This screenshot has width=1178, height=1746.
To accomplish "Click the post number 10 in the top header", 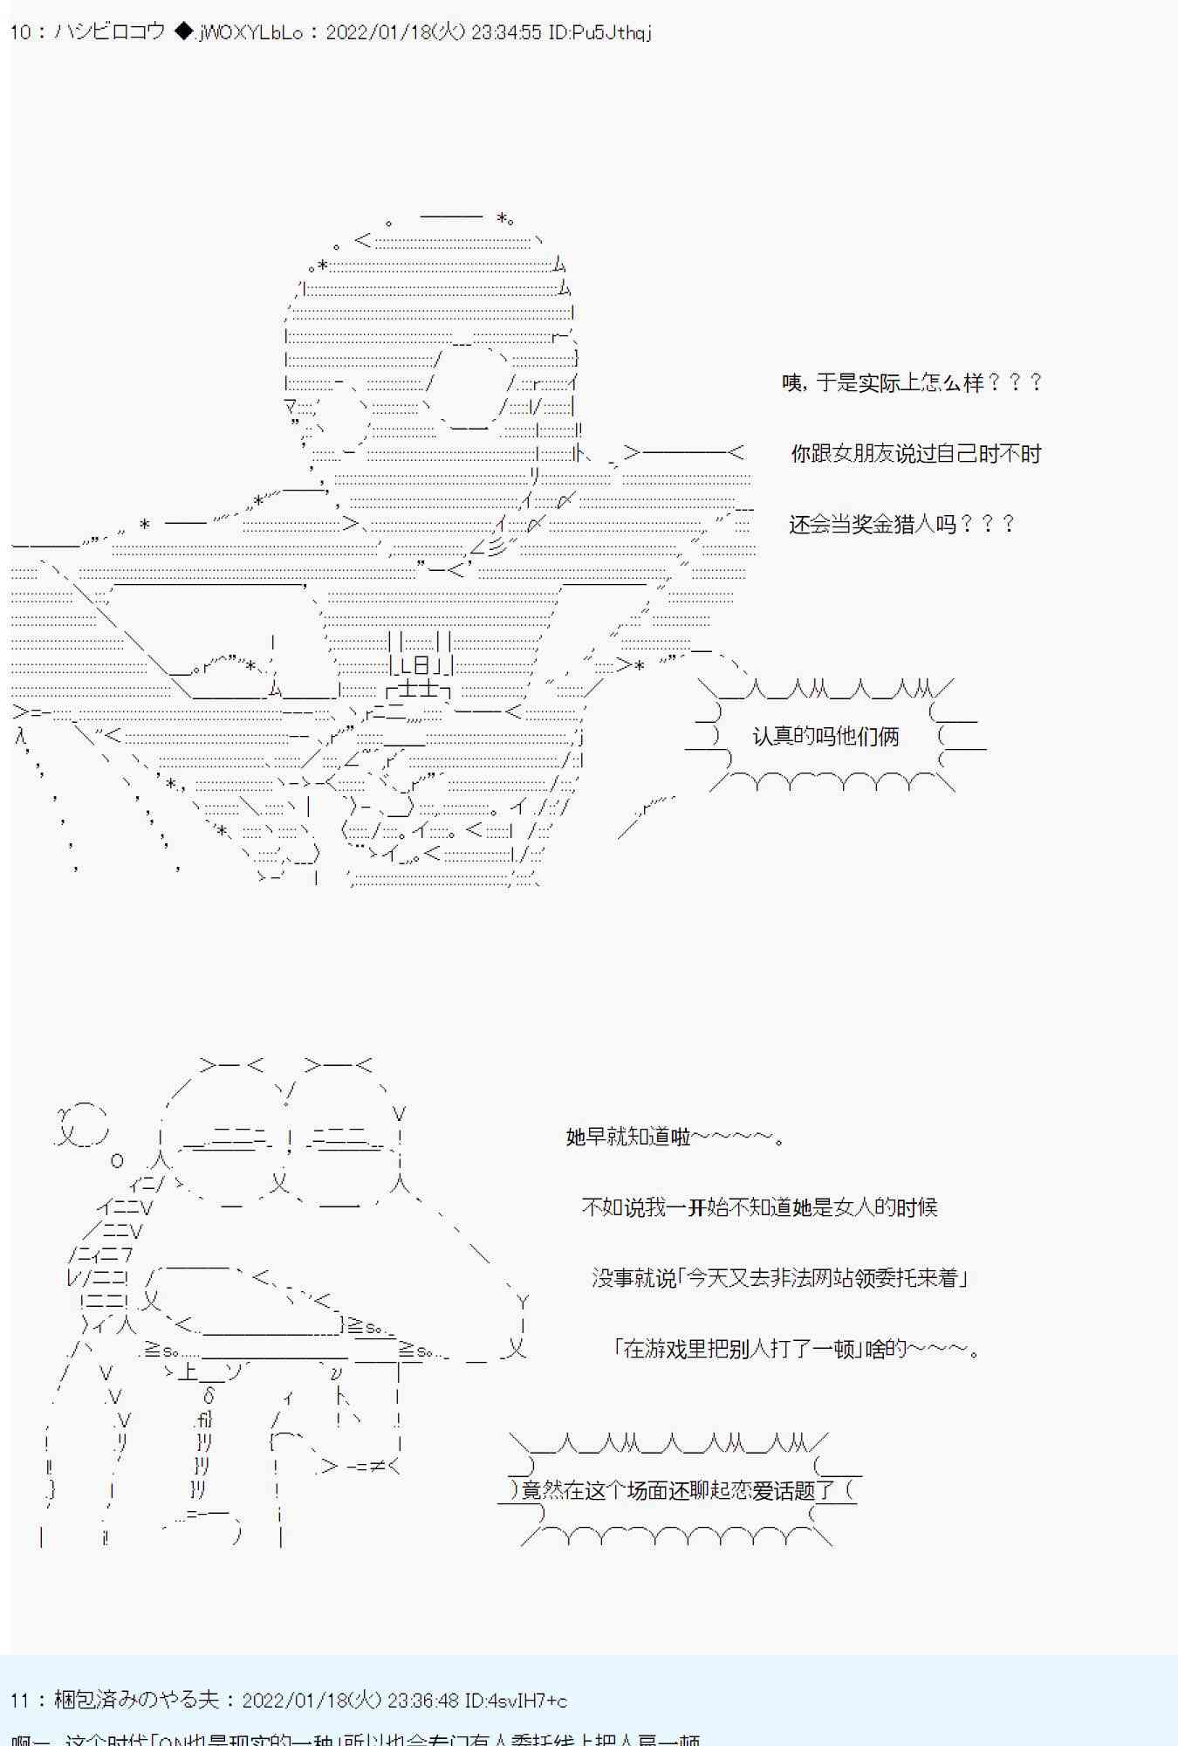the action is coord(19,32).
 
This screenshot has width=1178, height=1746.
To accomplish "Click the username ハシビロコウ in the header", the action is coord(109,32).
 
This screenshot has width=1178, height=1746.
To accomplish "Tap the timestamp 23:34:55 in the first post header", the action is coord(507,32).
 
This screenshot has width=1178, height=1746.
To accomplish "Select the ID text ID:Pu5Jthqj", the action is coord(600,32).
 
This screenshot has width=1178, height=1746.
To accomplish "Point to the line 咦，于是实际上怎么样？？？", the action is coord(912,382).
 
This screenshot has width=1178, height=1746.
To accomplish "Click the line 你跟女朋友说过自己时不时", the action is coord(915,453).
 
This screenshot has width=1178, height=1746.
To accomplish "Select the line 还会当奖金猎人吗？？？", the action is coord(902,524).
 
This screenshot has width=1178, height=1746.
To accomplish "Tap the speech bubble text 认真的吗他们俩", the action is coord(825,736).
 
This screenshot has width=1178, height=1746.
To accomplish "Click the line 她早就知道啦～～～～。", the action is coord(675,1137).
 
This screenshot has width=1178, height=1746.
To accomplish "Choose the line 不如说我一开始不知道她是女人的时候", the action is coord(759,1207).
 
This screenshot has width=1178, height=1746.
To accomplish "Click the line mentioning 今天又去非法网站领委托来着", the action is coord(779,1278).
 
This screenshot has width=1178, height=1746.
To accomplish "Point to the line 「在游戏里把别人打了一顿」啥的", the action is coord(798,1349).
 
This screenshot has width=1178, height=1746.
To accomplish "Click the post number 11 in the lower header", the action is coord(19,1701).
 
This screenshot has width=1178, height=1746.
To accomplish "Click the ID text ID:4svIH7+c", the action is coord(516,1701).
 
